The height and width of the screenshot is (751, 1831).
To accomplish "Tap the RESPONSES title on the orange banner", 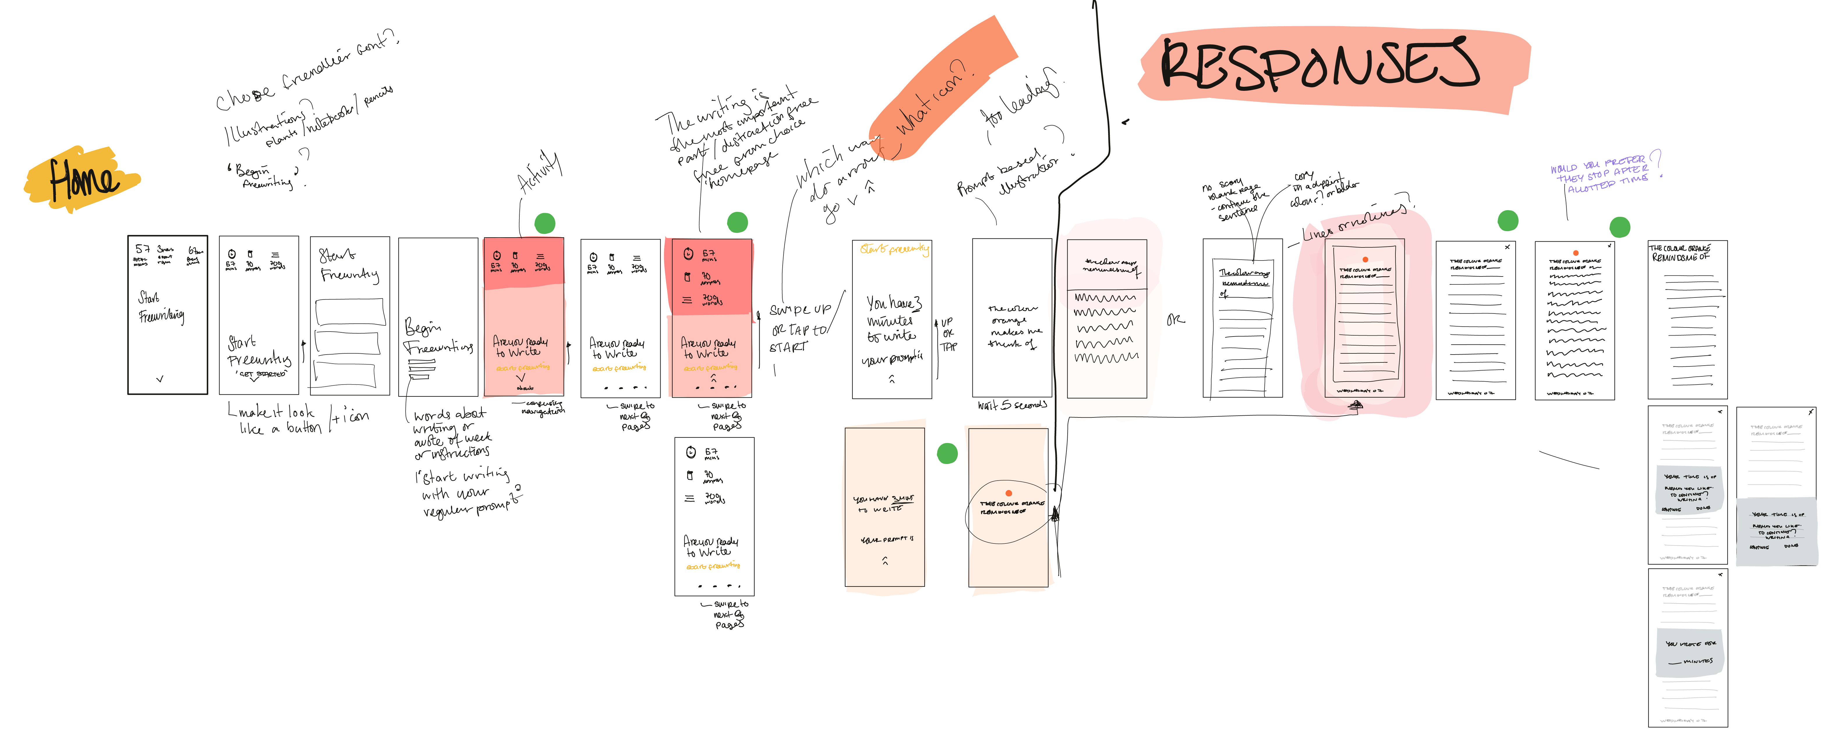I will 1319,65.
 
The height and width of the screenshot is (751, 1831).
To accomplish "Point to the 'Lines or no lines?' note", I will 1354,220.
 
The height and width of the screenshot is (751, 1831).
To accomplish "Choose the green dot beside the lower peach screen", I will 947,453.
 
